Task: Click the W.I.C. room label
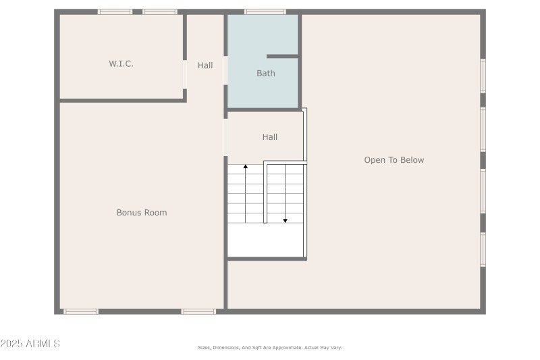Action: (121, 63)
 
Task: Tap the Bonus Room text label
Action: (142, 213)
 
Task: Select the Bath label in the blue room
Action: (265, 73)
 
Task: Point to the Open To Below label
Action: (394, 160)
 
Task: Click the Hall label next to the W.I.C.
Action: (205, 66)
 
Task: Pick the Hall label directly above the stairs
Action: (269, 136)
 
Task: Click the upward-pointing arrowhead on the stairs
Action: (246, 166)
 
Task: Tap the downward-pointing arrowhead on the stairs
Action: (285, 221)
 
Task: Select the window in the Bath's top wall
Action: (265, 11)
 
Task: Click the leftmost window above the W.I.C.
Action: (115, 11)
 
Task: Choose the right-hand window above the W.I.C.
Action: (160, 11)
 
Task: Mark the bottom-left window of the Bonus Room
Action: (80, 311)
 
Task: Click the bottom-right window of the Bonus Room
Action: (198, 311)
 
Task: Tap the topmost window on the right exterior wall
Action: (483, 76)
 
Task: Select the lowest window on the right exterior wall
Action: (483, 249)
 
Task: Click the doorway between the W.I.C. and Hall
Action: (185, 74)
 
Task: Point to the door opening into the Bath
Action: (225, 70)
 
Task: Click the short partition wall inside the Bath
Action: (282, 56)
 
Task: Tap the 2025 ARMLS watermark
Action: (30, 344)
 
